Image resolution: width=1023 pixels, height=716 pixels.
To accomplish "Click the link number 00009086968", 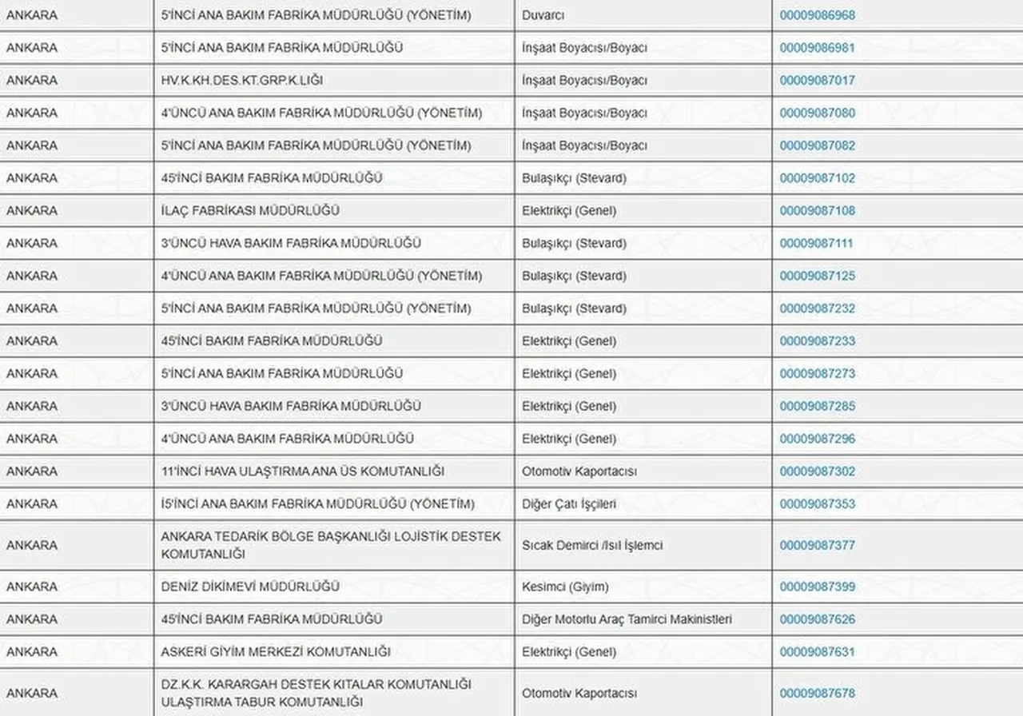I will [x=817, y=15].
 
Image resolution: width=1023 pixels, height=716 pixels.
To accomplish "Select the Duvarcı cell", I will [x=543, y=15].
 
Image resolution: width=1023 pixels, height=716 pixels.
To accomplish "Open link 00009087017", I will [x=817, y=81].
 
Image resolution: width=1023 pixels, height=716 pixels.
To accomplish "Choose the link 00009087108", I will [x=817, y=211].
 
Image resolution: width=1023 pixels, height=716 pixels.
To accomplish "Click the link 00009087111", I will [x=816, y=244].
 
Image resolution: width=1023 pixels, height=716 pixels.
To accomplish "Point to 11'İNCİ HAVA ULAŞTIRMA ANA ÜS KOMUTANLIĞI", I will [x=302, y=471].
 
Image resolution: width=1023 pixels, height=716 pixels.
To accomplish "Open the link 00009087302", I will [x=817, y=471].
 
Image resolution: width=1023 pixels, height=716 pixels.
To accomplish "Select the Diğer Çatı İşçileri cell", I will [x=569, y=504].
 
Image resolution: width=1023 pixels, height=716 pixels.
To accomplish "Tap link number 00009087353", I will [x=817, y=504].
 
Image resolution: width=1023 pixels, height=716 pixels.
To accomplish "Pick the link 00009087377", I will [x=817, y=546].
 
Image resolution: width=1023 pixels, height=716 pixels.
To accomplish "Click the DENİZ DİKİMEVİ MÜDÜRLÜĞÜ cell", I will [x=250, y=587].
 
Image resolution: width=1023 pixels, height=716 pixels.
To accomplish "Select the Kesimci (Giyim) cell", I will [x=565, y=587].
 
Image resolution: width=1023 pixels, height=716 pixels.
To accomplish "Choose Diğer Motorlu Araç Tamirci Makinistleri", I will [x=627, y=619].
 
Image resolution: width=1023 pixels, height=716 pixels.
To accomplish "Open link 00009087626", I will [x=817, y=619].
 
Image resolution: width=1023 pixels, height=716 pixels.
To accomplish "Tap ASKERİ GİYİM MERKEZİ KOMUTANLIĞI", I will [x=276, y=652].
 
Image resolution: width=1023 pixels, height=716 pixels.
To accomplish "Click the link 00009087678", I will [x=817, y=694].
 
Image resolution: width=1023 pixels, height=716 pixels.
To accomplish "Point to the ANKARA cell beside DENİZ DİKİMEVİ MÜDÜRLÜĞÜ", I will [x=32, y=587].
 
